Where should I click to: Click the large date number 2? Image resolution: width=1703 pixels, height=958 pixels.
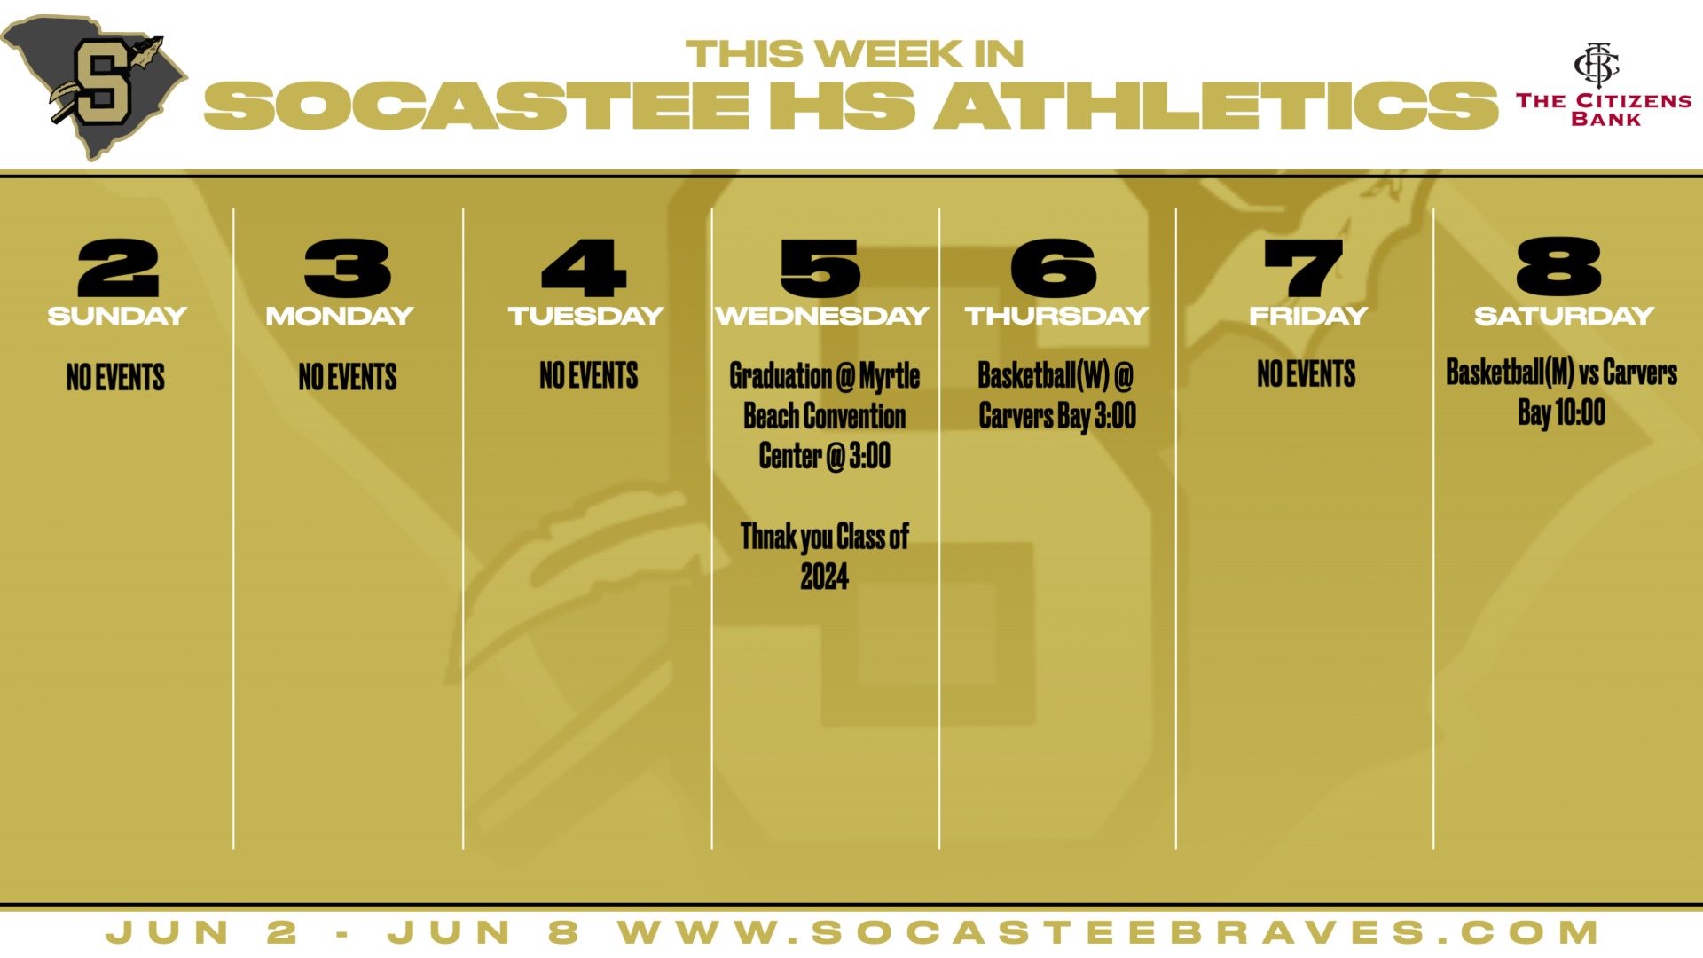pyautogui.click(x=118, y=268)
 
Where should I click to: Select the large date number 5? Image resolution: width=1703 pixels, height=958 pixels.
pyautogui.click(x=820, y=268)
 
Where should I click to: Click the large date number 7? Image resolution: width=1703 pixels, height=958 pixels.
pyautogui.click(x=1303, y=268)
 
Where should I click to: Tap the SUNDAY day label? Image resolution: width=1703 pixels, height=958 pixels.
pyautogui.click(x=117, y=316)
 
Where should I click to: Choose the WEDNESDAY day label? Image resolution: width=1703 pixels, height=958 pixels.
pyautogui.click(x=822, y=316)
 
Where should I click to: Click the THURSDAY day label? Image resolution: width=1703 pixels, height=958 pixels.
pyautogui.click(x=1056, y=316)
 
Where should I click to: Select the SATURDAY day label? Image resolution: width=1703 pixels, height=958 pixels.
pyautogui.click(x=1564, y=316)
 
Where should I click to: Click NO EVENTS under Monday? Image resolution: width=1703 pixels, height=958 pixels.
pyautogui.click(x=348, y=377)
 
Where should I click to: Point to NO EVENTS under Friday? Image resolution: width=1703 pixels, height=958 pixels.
pyautogui.click(x=1307, y=374)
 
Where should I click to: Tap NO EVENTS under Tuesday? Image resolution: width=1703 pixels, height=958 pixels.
pyautogui.click(x=589, y=375)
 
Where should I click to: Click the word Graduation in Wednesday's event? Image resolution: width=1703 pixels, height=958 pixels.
pyautogui.click(x=781, y=376)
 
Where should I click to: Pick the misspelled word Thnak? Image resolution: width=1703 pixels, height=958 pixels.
pyautogui.click(x=768, y=537)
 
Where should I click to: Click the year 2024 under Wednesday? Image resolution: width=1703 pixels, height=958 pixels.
pyautogui.click(x=825, y=577)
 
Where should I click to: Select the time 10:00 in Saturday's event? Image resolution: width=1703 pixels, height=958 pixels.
pyautogui.click(x=1581, y=412)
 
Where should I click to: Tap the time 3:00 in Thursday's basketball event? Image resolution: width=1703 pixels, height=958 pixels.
pyautogui.click(x=1115, y=415)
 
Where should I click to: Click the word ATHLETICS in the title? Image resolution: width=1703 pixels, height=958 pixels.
pyautogui.click(x=1215, y=106)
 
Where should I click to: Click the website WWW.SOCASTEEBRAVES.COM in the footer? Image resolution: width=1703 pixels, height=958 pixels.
pyautogui.click(x=1109, y=932)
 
